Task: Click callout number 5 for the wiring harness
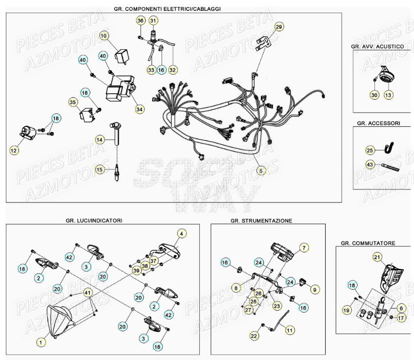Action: pyautogui.click(x=261, y=171)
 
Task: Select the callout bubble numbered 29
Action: pyautogui.click(x=279, y=26)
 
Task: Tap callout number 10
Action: pyautogui.click(x=103, y=35)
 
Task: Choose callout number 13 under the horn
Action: pyautogui.click(x=388, y=95)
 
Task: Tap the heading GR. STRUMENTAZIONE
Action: pyautogui.click(x=261, y=220)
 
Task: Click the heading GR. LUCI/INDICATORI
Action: pyautogui.click(x=94, y=220)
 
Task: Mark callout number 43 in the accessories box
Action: pyautogui.click(x=370, y=165)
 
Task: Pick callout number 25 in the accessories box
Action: pyautogui.click(x=370, y=150)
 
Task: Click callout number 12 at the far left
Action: pyautogui.click(x=14, y=151)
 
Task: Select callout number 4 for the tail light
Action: pyautogui.click(x=181, y=234)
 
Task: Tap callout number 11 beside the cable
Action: pyautogui.click(x=290, y=330)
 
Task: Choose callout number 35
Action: pyautogui.click(x=73, y=102)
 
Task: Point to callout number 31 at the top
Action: pyautogui.click(x=153, y=20)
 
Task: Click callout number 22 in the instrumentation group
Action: pyautogui.click(x=254, y=336)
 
